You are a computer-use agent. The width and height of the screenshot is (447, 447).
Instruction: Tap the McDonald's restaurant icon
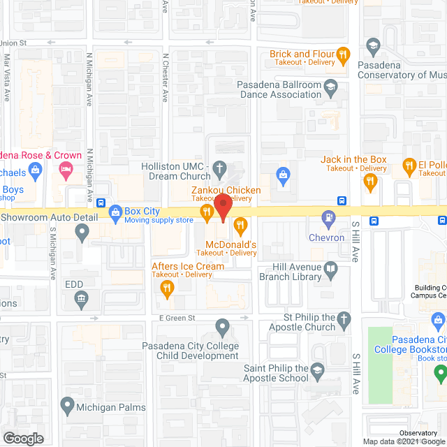(x=240, y=225)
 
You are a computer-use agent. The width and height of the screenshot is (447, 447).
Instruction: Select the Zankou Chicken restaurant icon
(x=206, y=212)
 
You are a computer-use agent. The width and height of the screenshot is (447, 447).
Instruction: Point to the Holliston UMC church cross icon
(x=219, y=168)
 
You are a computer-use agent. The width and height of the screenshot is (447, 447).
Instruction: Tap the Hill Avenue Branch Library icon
(x=331, y=268)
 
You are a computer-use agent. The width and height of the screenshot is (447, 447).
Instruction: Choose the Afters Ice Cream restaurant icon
(x=166, y=287)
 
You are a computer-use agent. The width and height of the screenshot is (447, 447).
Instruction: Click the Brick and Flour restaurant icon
(x=342, y=54)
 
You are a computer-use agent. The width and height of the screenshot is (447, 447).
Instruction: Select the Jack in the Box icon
(x=371, y=183)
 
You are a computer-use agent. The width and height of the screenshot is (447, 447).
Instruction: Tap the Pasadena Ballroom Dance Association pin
(x=332, y=87)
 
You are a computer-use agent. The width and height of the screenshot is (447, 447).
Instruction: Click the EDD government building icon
(x=82, y=300)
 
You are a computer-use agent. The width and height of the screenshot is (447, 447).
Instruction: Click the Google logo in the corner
(x=23, y=438)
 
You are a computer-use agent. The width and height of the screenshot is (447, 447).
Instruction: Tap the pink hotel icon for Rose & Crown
(x=65, y=168)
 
